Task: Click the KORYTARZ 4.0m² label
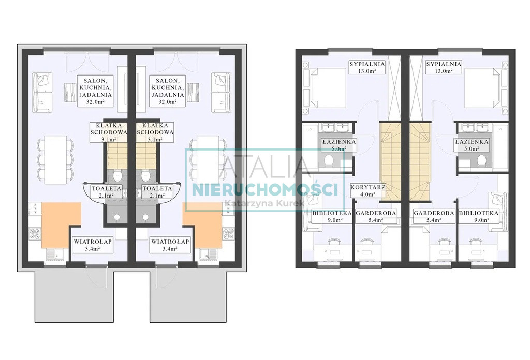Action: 368,190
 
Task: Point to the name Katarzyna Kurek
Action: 264,203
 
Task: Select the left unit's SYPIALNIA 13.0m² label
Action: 367,67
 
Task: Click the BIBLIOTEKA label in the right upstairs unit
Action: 478,216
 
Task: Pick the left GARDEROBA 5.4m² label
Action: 376,216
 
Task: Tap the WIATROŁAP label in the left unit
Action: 93,245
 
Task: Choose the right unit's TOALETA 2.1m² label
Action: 157,192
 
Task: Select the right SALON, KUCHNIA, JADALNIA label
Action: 168,91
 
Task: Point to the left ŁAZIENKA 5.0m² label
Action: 338,145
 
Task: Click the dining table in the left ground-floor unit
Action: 56,160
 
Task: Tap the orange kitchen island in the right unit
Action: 202,225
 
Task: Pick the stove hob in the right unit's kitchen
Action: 228,234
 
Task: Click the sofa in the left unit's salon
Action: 42,92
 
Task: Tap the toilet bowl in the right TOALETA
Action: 145,175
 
